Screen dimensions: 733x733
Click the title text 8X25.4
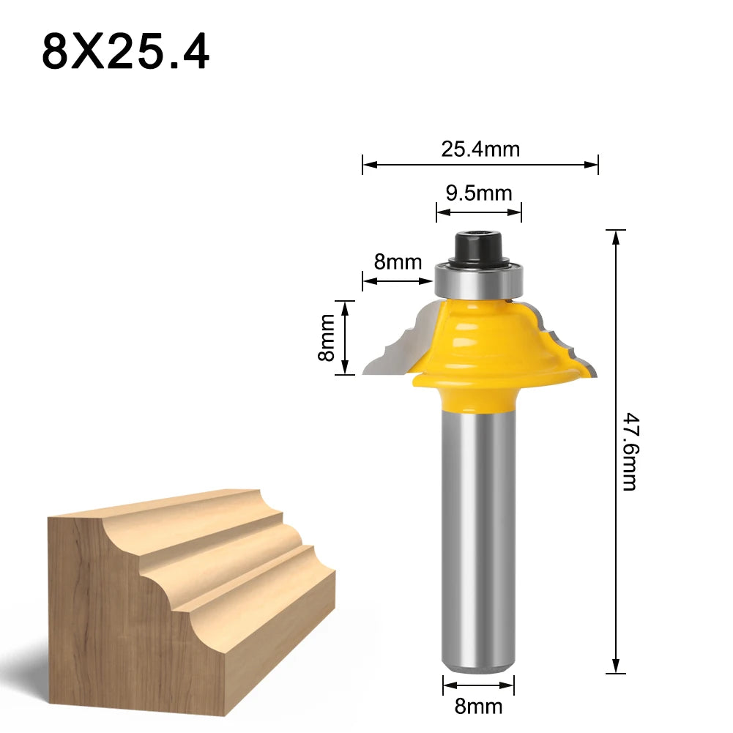tap(125, 52)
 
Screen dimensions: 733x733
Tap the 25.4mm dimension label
tap(480, 149)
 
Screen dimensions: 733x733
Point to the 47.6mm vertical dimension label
tap(630, 450)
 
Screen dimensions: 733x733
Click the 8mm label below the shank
tap(479, 706)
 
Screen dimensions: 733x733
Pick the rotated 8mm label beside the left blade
tap(327, 338)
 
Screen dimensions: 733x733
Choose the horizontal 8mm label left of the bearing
tap(398, 261)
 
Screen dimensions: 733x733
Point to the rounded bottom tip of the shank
tap(479, 666)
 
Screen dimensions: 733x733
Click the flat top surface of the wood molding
tap(161, 505)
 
